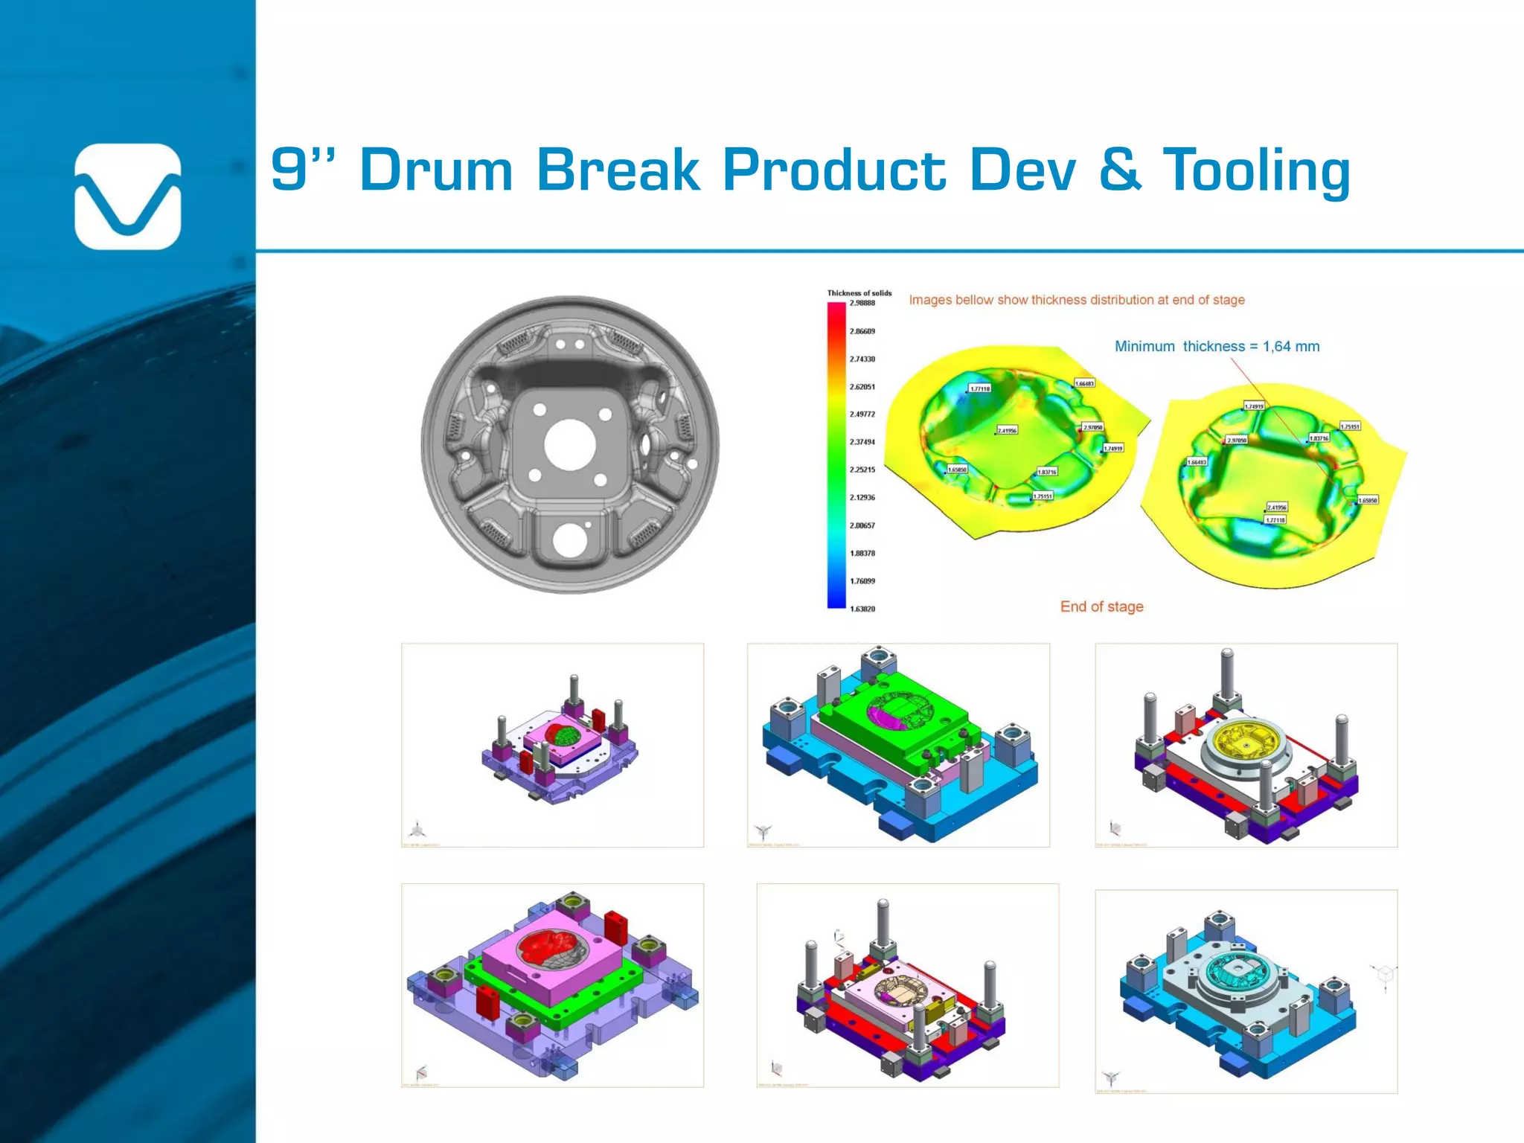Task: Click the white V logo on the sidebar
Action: (127, 197)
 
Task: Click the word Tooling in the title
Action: (1256, 170)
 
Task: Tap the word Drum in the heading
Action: (436, 170)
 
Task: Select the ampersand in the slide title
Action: (1119, 170)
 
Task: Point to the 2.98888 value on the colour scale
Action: (862, 304)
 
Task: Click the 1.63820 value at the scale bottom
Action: (862, 609)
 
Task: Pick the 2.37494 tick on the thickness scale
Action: (862, 442)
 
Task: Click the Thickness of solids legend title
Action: (859, 293)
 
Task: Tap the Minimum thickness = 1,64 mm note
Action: (1217, 347)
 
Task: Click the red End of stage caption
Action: (1101, 607)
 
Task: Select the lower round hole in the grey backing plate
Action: (569, 540)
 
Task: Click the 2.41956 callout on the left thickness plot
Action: (1007, 431)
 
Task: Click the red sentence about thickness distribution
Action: (1076, 301)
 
